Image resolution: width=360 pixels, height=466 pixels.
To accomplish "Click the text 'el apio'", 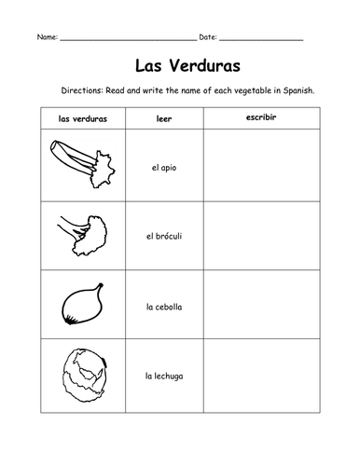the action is coord(164,167).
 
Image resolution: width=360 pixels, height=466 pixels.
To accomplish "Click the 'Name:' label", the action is coord(47,36).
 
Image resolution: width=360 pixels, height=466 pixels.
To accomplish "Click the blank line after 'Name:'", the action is coord(128,39).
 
